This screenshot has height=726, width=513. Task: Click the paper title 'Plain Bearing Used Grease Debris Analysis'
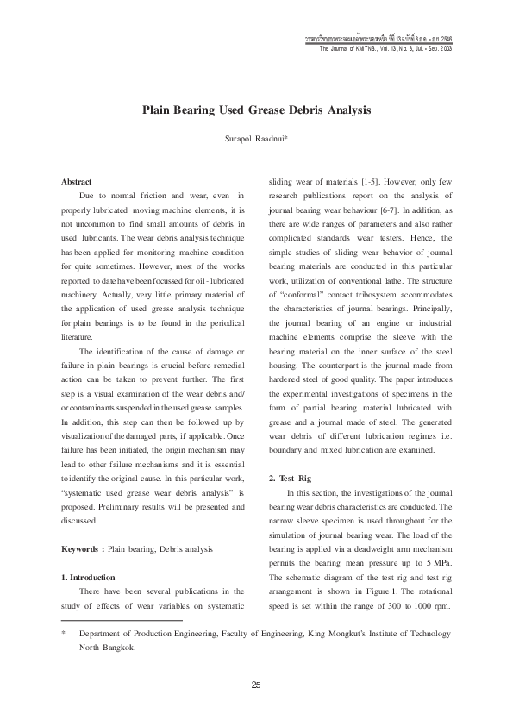click(x=256, y=111)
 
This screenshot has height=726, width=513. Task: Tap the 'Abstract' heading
click(x=77, y=182)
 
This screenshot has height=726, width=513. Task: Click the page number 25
click(x=256, y=685)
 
